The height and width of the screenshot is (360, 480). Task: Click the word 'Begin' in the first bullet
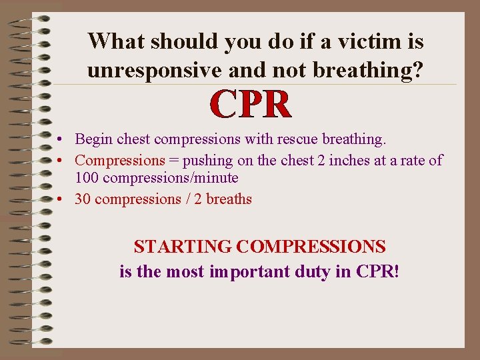pos(94,139)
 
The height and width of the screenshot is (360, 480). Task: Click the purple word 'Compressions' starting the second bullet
pos(119,160)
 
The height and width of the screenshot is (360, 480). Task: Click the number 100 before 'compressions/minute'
pos(87,178)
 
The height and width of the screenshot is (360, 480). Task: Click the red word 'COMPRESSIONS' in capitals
pos(311,247)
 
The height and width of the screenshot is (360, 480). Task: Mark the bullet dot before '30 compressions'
pos(60,199)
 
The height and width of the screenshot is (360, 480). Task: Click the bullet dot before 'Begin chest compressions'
pos(60,140)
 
